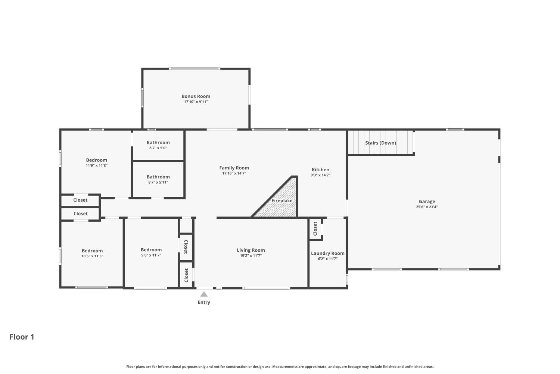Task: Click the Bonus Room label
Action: point(196,96)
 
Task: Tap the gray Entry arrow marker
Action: point(204,294)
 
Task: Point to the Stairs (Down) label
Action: point(380,143)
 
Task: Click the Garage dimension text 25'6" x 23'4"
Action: point(427,207)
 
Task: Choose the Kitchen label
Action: point(320,169)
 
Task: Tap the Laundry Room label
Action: point(328,253)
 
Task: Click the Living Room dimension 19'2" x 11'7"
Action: point(251,255)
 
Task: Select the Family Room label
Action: point(234,168)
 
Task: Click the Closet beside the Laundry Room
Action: point(315,229)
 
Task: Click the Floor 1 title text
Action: point(22,337)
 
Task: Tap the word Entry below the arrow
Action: point(204,302)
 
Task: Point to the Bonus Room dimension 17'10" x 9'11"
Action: point(196,102)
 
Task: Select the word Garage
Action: point(427,202)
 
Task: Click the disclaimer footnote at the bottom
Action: point(280,367)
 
